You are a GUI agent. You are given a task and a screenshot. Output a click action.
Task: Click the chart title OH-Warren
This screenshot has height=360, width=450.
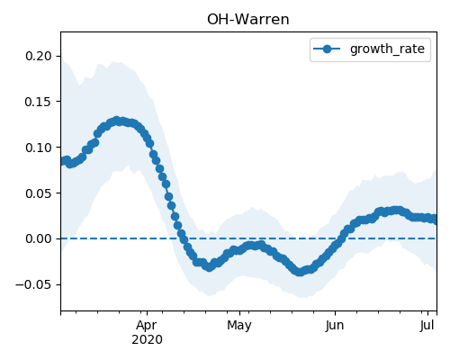click(248, 20)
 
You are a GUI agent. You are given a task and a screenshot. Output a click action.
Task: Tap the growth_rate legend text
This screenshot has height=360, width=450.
click(387, 49)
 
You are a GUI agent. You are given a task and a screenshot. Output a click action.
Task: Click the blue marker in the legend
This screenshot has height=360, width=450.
click(327, 49)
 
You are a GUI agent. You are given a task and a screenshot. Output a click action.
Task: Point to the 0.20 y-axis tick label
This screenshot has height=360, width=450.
click(39, 56)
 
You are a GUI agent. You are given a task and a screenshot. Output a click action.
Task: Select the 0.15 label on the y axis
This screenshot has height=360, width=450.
click(39, 102)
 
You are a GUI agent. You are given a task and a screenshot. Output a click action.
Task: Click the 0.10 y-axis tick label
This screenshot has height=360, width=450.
click(39, 148)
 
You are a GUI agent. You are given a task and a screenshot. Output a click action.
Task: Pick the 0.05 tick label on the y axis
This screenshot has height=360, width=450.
click(39, 193)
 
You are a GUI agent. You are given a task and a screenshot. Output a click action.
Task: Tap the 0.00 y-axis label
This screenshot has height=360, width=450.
click(39, 238)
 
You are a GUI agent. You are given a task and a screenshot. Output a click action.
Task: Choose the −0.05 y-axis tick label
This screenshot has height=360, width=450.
click(33, 284)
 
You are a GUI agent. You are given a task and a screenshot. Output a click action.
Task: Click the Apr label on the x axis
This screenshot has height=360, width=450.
click(147, 326)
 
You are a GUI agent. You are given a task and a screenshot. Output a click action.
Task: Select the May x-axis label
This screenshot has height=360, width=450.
click(239, 326)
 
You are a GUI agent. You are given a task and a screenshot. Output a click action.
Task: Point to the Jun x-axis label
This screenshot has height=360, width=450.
click(335, 326)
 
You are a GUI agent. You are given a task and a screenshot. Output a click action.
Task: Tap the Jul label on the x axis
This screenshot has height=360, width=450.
click(427, 326)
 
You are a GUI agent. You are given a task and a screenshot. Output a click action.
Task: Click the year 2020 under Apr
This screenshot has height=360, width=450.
click(147, 339)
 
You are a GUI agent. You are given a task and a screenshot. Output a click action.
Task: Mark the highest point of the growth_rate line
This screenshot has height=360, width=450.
click(117, 121)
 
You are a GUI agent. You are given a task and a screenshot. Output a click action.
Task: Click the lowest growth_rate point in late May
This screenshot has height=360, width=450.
click(300, 272)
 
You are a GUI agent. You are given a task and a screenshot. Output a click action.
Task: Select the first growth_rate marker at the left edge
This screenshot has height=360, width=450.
click(61, 161)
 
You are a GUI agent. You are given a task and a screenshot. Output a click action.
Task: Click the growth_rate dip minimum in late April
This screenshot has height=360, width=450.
click(209, 266)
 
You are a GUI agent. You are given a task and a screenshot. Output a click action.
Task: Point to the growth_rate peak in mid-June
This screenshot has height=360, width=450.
click(397, 211)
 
